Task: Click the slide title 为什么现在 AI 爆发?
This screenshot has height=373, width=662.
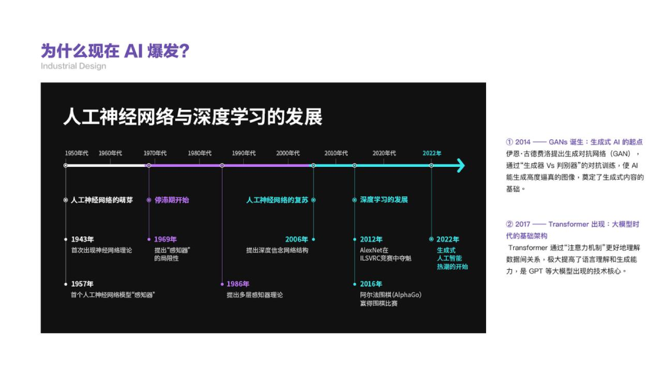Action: click(115, 50)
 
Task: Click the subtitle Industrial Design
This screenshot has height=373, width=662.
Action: click(74, 66)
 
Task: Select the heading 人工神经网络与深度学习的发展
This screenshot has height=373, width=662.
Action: click(192, 117)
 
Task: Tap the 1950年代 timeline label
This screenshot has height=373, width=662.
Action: click(77, 153)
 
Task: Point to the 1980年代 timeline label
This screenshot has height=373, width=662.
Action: click(200, 153)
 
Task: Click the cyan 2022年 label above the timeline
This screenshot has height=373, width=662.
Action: click(432, 153)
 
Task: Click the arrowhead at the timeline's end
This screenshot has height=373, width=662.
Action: click(460, 166)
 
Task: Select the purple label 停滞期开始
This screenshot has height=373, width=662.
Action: click(172, 200)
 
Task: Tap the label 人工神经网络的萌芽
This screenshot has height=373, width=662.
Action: click(102, 200)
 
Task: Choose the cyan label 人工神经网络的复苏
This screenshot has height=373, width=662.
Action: click(277, 200)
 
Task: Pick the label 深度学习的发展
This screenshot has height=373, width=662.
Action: click(384, 200)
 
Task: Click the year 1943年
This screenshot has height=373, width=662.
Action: click(82, 239)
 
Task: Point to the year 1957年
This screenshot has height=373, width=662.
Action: click(82, 284)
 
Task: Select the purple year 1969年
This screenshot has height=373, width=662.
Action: click(165, 239)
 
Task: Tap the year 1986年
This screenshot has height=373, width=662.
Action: click(238, 284)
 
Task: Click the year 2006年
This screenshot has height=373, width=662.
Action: click(297, 239)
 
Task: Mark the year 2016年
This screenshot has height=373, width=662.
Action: click(371, 284)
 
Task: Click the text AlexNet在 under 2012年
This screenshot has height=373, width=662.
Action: click(375, 250)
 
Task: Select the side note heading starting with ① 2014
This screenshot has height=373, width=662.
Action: click(574, 142)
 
